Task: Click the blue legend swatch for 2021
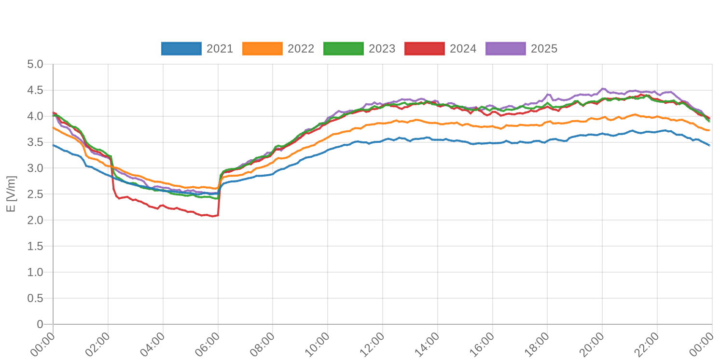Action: point(181,49)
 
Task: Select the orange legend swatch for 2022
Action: point(262,49)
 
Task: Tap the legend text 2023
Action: point(382,49)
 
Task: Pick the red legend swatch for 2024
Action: point(424,49)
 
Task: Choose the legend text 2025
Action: point(544,49)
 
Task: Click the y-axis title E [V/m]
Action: point(11,194)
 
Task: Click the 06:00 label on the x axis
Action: point(208,344)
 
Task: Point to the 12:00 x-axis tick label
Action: point(372,344)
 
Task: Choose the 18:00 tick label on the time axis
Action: point(536,344)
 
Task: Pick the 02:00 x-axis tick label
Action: point(98,344)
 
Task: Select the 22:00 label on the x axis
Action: point(646,344)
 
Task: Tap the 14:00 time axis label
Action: point(427,344)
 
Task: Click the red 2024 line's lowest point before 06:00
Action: point(212,217)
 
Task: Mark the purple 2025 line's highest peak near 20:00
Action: point(601,88)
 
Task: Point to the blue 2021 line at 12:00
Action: point(381,140)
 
